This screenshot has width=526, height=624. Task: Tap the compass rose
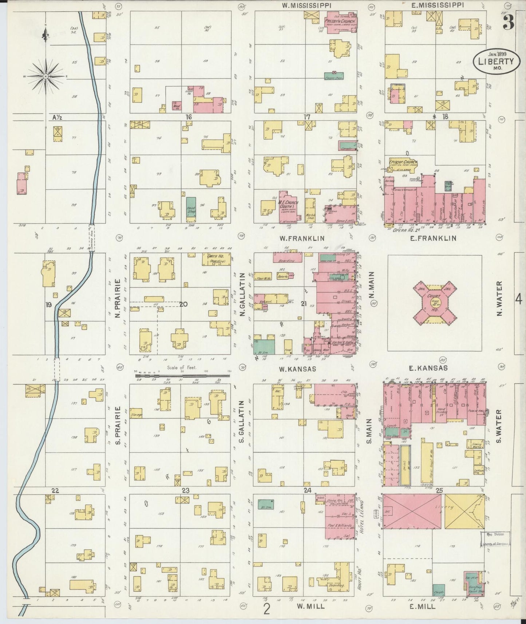46,76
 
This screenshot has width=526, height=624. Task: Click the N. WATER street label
499,299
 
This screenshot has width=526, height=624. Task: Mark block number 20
183,304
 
